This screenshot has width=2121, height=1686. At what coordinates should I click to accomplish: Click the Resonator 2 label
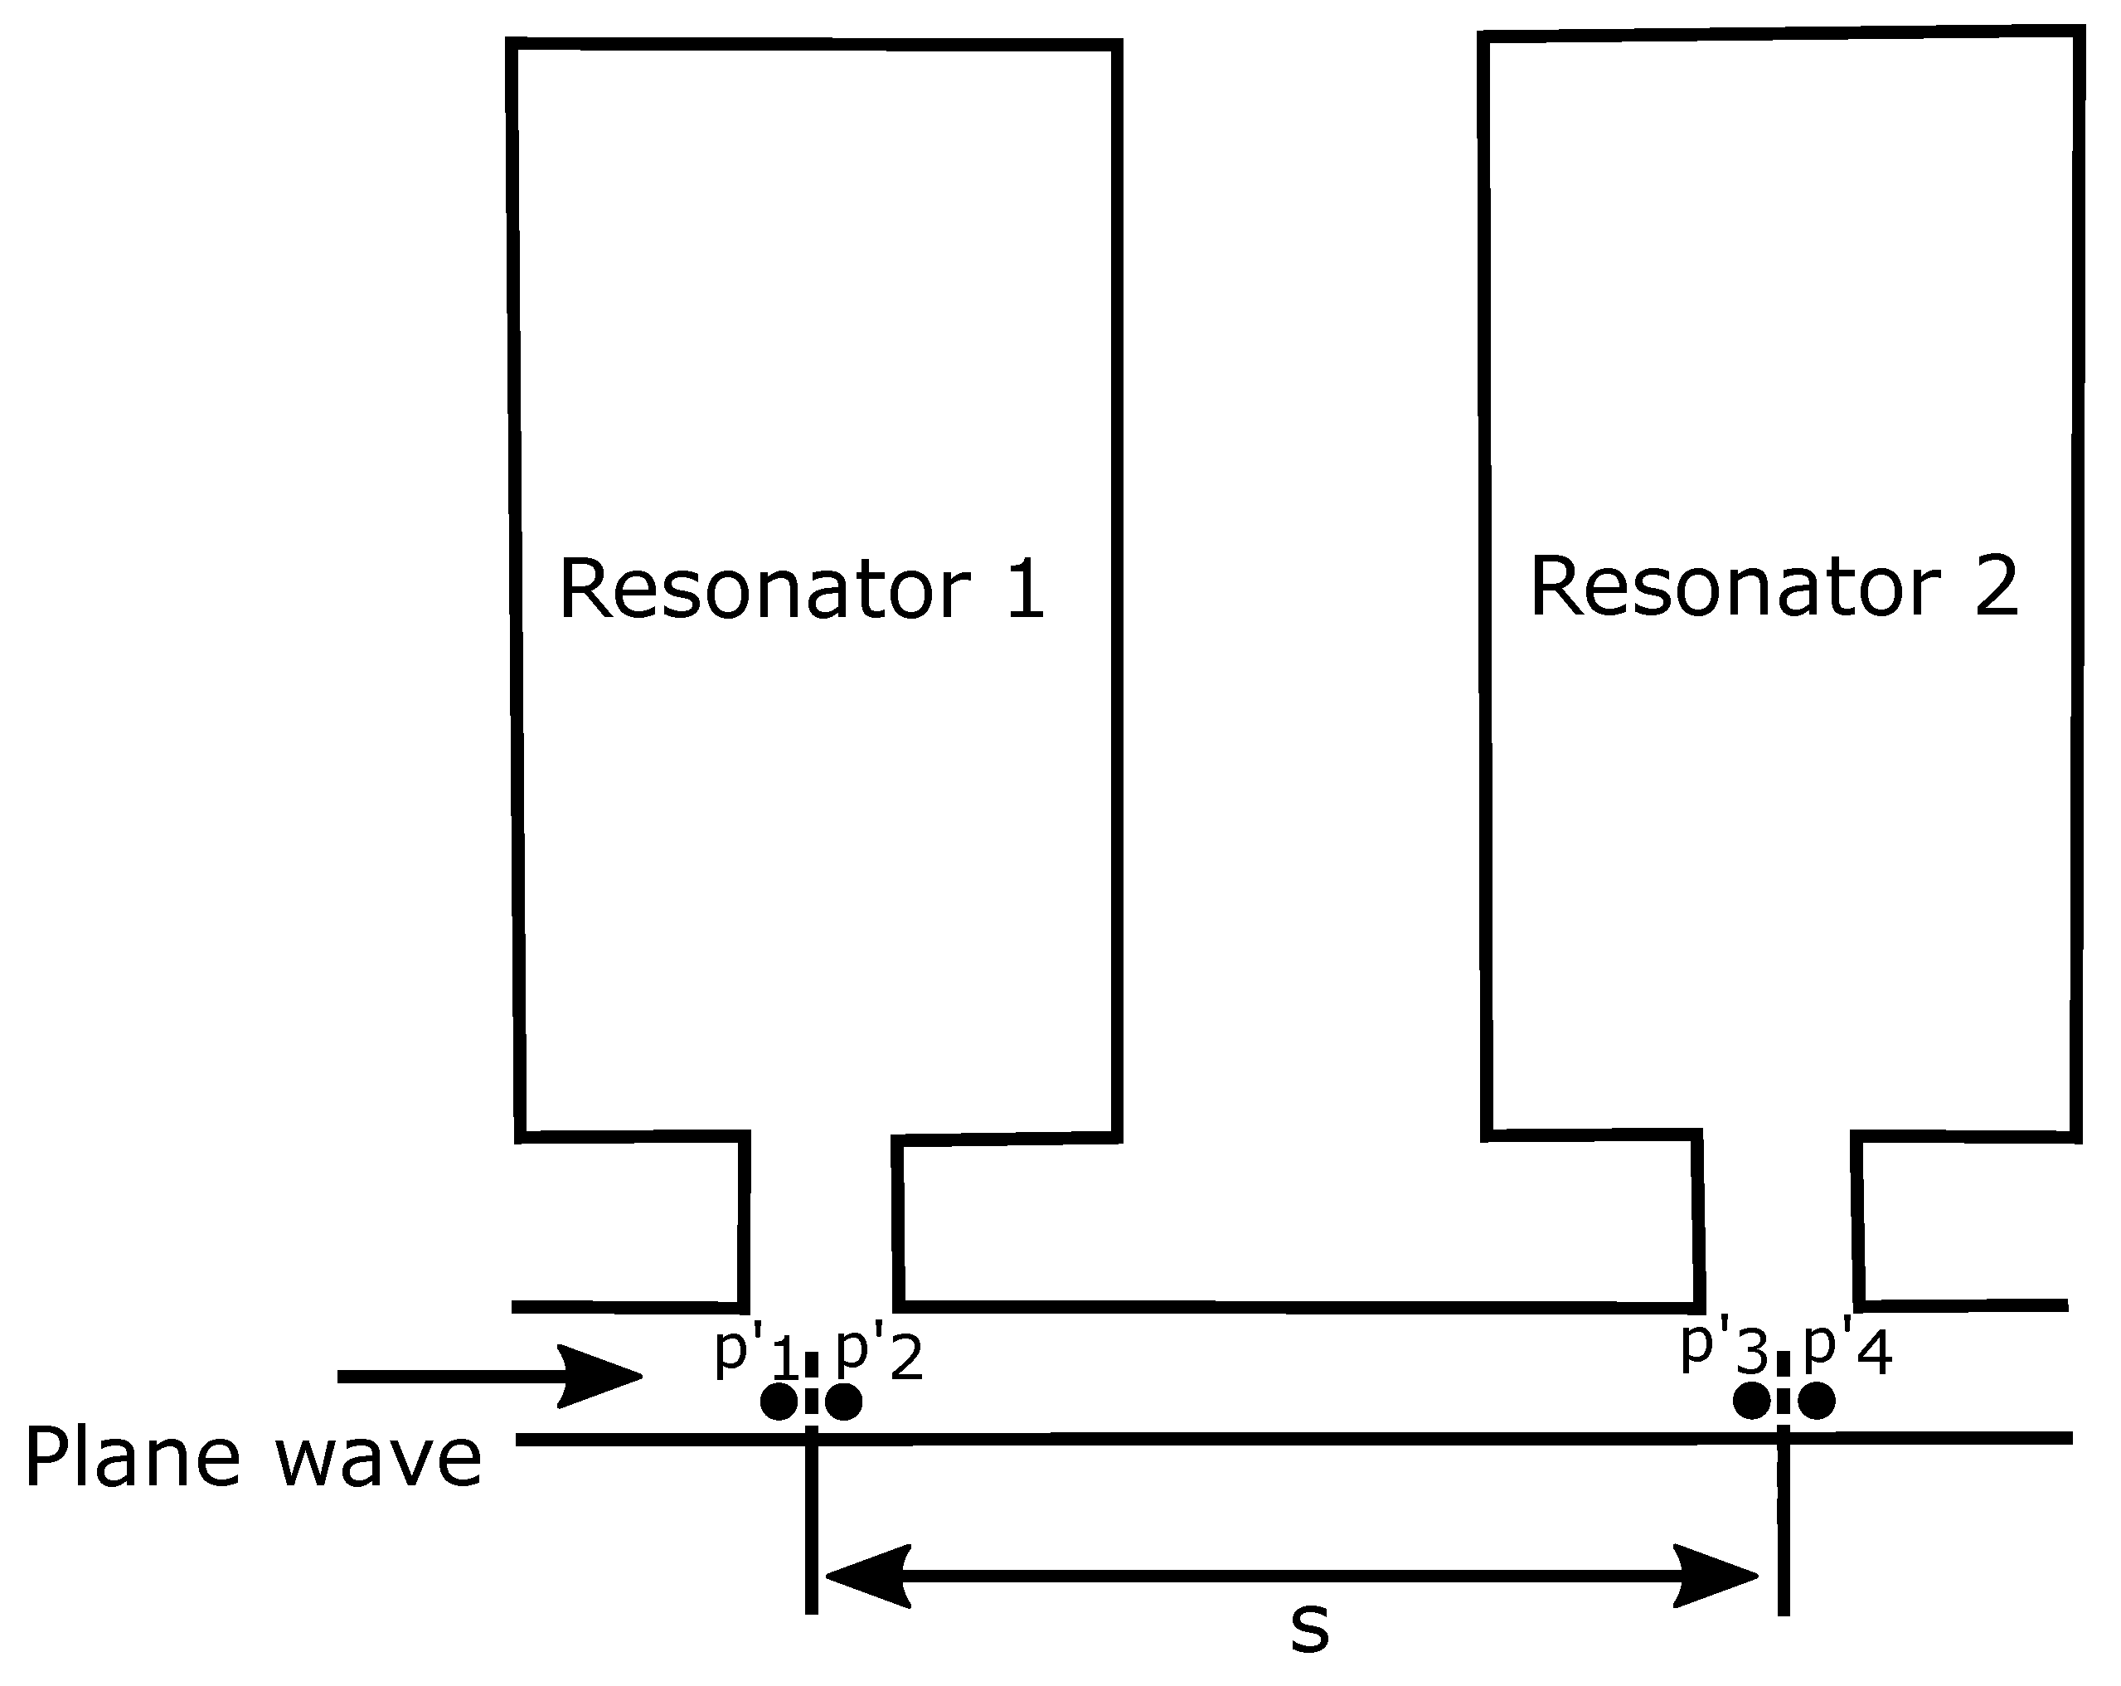[x=1774, y=586]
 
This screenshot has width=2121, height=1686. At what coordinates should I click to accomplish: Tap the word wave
[x=379, y=1459]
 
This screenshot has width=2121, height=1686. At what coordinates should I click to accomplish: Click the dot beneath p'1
[x=779, y=1402]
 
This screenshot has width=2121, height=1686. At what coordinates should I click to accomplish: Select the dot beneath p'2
[x=844, y=1402]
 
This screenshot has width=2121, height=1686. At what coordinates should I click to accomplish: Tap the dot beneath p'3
[x=1751, y=1401]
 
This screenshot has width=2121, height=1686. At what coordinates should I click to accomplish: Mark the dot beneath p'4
[x=1816, y=1401]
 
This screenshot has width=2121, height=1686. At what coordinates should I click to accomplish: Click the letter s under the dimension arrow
[x=1309, y=1628]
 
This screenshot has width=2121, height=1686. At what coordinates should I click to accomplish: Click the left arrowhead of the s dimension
[x=866, y=1577]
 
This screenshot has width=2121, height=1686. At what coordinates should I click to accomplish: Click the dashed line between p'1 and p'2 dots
[x=812, y=1385]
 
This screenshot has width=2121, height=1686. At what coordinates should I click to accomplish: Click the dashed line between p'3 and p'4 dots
[x=1784, y=1384]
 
